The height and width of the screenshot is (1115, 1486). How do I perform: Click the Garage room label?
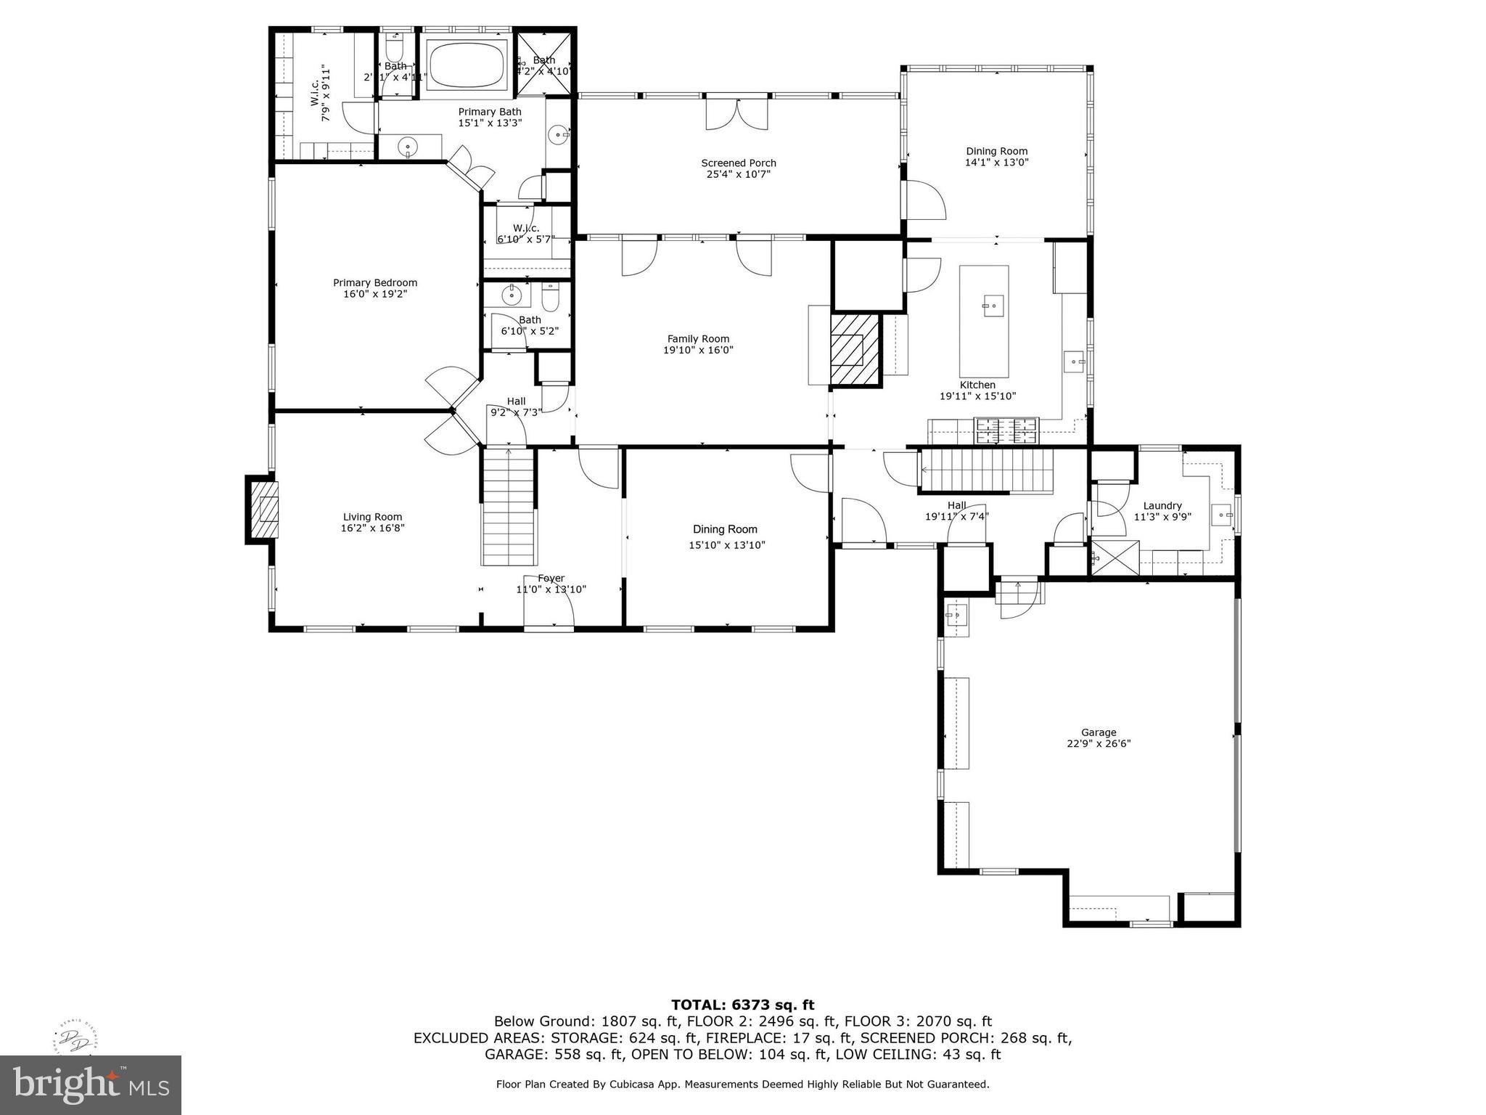1098,732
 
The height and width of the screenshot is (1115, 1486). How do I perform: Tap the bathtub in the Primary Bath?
467,64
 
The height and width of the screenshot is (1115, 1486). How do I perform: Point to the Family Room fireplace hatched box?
855,349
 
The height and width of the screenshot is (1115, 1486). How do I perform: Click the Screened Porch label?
738,163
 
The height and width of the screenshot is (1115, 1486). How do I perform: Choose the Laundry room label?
1162,506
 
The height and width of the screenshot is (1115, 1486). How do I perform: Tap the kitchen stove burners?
1006,431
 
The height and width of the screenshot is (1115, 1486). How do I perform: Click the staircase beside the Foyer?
509,508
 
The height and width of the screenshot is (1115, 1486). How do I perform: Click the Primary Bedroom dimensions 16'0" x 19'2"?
374,294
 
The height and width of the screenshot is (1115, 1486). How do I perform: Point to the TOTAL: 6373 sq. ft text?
742,1005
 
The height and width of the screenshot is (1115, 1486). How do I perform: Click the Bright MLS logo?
90,1085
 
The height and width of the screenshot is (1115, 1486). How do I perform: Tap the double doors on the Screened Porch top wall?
737,113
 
